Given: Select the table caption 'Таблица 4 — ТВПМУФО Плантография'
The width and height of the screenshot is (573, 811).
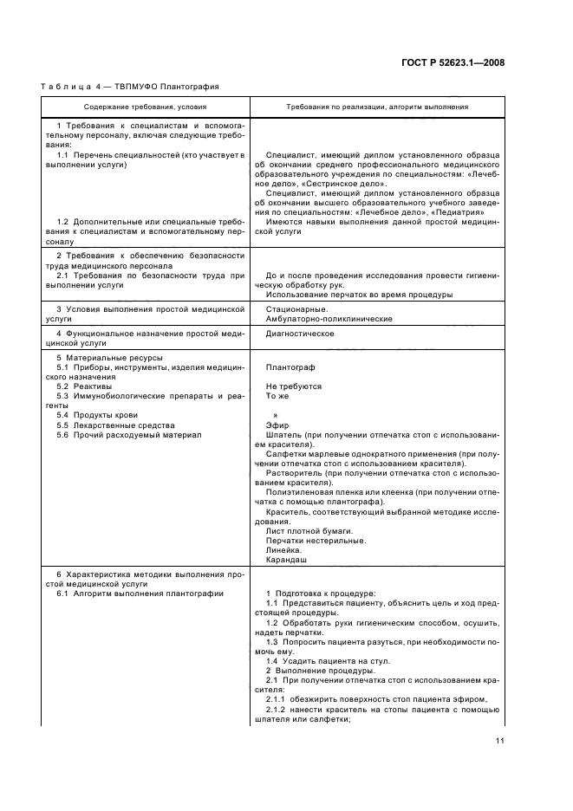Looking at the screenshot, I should click(130, 87).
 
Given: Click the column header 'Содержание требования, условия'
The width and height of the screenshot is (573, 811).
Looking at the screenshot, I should click(145, 107).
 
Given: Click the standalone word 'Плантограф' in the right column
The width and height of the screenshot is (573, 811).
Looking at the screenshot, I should click(290, 367).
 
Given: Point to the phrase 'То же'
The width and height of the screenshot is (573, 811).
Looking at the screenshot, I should click(277, 396).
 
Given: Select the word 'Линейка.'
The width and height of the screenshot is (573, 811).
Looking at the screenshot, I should click(284, 549).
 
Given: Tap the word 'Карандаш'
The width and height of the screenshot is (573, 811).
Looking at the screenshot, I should click(286, 560).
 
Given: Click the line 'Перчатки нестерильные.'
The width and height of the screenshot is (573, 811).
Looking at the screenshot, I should click(316, 540).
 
